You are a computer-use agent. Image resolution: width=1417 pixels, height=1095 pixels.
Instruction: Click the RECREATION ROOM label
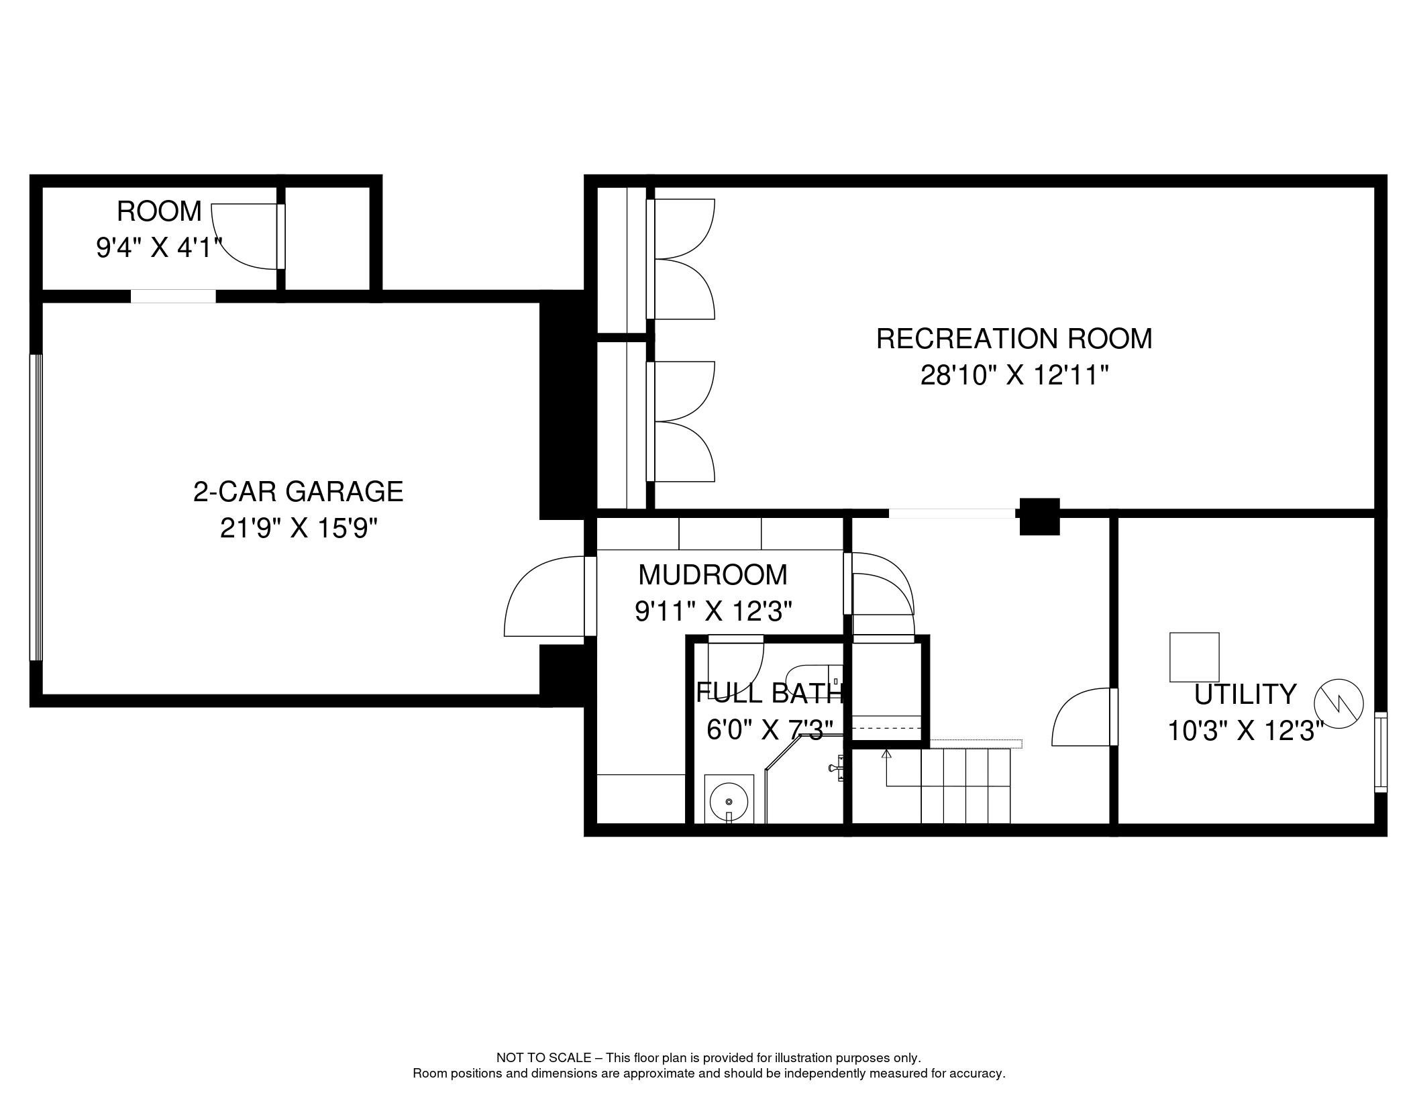(1014, 338)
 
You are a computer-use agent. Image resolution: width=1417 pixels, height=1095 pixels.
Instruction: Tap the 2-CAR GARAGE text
(299, 491)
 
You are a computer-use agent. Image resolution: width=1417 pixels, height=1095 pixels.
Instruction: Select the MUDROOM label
(713, 574)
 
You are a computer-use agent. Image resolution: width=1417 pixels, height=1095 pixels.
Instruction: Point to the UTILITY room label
(1245, 694)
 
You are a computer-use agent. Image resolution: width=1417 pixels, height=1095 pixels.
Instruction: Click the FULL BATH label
(769, 693)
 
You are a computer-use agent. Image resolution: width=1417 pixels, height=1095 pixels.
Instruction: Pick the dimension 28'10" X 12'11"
(1014, 375)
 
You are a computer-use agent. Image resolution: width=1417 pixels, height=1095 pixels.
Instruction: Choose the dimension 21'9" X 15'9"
(299, 528)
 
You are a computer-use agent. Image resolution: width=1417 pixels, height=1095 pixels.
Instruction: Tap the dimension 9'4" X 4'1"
(159, 248)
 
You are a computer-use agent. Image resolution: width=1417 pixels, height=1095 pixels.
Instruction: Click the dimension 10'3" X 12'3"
(1245, 731)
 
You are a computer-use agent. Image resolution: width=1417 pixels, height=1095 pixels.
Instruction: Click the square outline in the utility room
(1194, 658)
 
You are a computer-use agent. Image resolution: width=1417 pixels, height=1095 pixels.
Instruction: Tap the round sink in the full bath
(729, 801)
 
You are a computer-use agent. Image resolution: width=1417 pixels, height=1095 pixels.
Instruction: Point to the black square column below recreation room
(1039, 517)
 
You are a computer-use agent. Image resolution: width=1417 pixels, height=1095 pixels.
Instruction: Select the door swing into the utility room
(1082, 717)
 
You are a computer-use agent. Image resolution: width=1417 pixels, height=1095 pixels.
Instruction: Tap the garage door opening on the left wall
(36, 508)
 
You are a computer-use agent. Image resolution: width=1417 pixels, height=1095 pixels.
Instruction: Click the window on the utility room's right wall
(1380, 752)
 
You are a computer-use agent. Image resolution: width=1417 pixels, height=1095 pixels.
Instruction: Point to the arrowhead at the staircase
(886, 754)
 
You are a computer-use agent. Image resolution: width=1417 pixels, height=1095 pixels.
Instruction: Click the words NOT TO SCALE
(543, 1057)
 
